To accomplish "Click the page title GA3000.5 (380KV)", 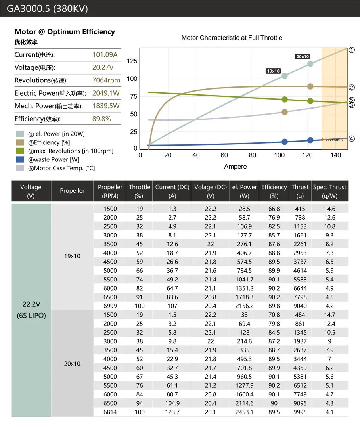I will (47, 8).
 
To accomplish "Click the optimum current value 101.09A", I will (105, 55).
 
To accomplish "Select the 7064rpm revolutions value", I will (106, 80).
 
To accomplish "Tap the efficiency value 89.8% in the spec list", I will (101, 119).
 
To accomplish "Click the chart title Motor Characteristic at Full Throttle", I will (232, 38).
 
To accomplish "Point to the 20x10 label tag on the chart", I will (303, 57).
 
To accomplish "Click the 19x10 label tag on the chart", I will (273, 71).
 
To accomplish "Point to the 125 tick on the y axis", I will (132, 61).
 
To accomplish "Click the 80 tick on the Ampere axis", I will (253, 155).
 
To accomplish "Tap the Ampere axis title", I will (236, 167).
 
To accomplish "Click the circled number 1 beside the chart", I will (352, 50).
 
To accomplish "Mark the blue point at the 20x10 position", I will (310, 140).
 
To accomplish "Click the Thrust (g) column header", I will (300, 191).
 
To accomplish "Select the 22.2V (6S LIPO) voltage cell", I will (31, 310).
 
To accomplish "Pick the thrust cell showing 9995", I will (300, 412).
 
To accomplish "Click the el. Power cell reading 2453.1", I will (244, 412).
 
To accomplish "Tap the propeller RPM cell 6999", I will (110, 306).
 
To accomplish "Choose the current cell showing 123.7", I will (172, 412).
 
